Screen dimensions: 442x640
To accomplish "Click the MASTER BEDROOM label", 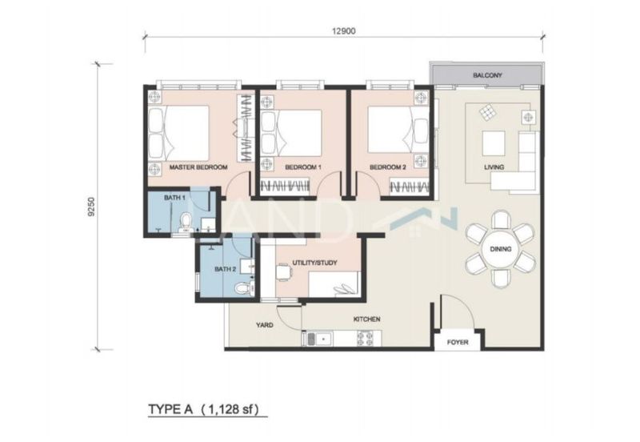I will [x=198, y=167].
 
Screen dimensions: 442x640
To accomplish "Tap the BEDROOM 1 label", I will [x=302, y=167].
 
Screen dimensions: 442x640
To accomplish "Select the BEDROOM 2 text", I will [x=388, y=167].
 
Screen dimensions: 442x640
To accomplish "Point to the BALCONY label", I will [x=486, y=75].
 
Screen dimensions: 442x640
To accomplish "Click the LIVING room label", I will [x=494, y=167].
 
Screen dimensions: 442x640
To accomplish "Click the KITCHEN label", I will [x=367, y=319].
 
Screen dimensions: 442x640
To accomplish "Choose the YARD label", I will [x=265, y=326].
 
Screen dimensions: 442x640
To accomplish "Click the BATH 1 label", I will [x=175, y=197].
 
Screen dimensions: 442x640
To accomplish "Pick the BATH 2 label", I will [x=226, y=269].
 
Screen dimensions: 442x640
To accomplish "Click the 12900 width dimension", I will [x=344, y=30].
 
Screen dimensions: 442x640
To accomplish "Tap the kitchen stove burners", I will [x=362, y=339].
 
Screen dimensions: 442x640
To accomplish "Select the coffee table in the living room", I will [x=493, y=143].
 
